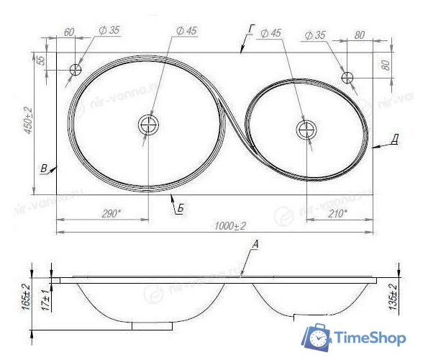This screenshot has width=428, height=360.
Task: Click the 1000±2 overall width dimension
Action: pyautogui.click(x=229, y=226)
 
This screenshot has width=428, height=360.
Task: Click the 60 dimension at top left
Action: pyautogui.click(x=69, y=33)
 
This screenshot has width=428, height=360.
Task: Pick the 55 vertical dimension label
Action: pyautogui.click(x=41, y=61)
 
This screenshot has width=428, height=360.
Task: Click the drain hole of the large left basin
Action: pyautogui.click(x=148, y=125)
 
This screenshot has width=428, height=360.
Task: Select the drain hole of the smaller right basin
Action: pyautogui.click(x=306, y=130)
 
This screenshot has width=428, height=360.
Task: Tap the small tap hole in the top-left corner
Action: pyautogui.click(x=76, y=70)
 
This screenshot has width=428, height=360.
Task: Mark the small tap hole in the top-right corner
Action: pyautogui.click(x=347, y=76)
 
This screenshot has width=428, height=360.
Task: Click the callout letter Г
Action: pyautogui.click(x=250, y=29)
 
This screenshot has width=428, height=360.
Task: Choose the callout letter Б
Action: pyautogui.click(x=180, y=208)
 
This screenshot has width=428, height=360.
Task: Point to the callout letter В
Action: pyautogui.click(x=44, y=169)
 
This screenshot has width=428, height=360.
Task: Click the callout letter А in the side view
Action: pyautogui.click(x=255, y=245)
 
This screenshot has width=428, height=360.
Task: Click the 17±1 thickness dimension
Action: pyautogui.click(x=45, y=296)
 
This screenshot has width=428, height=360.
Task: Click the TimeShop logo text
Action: pyautogui.click(x=370, y=338)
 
